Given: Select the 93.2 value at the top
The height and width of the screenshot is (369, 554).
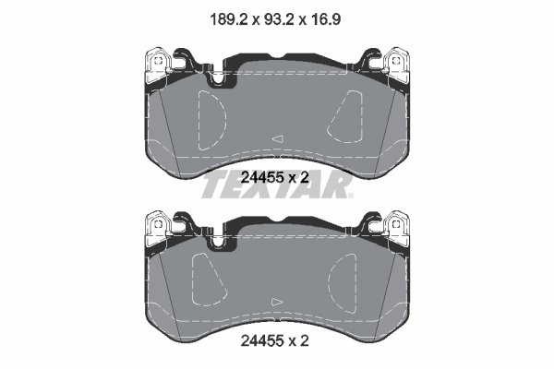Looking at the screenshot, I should pos(278,17).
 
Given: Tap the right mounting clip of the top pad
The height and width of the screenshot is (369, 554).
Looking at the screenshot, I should pos(398,65).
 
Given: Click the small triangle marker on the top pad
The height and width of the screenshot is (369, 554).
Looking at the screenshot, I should pos(275,138).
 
